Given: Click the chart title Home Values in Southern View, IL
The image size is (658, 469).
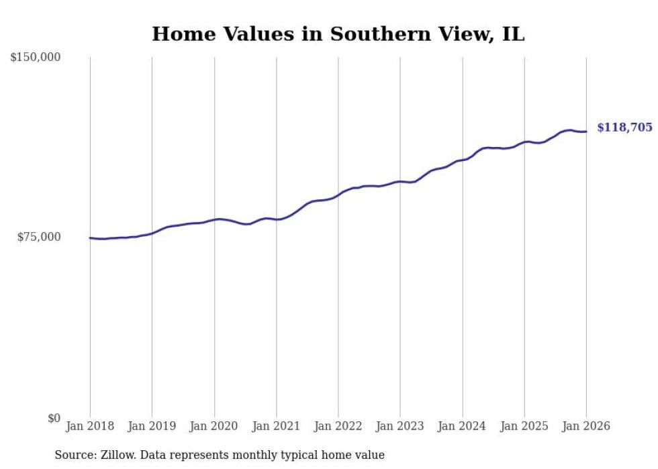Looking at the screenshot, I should pos(338,34).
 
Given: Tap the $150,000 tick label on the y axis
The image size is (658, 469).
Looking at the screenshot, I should pos(36,58).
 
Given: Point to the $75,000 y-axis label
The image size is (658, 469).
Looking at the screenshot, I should pos(38,237).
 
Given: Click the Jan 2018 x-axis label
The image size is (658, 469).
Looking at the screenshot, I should pos(90,426).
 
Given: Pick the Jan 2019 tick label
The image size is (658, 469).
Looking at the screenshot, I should pos(152,426).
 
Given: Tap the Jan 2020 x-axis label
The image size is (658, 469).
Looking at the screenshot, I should pos(214,426).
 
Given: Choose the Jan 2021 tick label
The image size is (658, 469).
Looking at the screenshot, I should pos(276,426).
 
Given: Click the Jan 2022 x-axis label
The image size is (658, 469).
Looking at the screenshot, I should pos(338,426).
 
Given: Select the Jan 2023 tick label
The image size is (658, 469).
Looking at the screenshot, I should pos(400,426).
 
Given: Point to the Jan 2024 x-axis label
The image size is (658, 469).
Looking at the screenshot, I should pos(462,426).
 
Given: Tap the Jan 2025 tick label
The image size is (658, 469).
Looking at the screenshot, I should pos(524,426).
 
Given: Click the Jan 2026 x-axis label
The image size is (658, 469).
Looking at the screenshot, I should pos(586,426).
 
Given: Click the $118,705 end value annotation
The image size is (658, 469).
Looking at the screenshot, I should pos(624,127).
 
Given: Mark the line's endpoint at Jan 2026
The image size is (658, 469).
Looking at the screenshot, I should pos(586,132).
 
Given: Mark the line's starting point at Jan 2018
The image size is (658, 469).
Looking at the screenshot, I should pos(90,238).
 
